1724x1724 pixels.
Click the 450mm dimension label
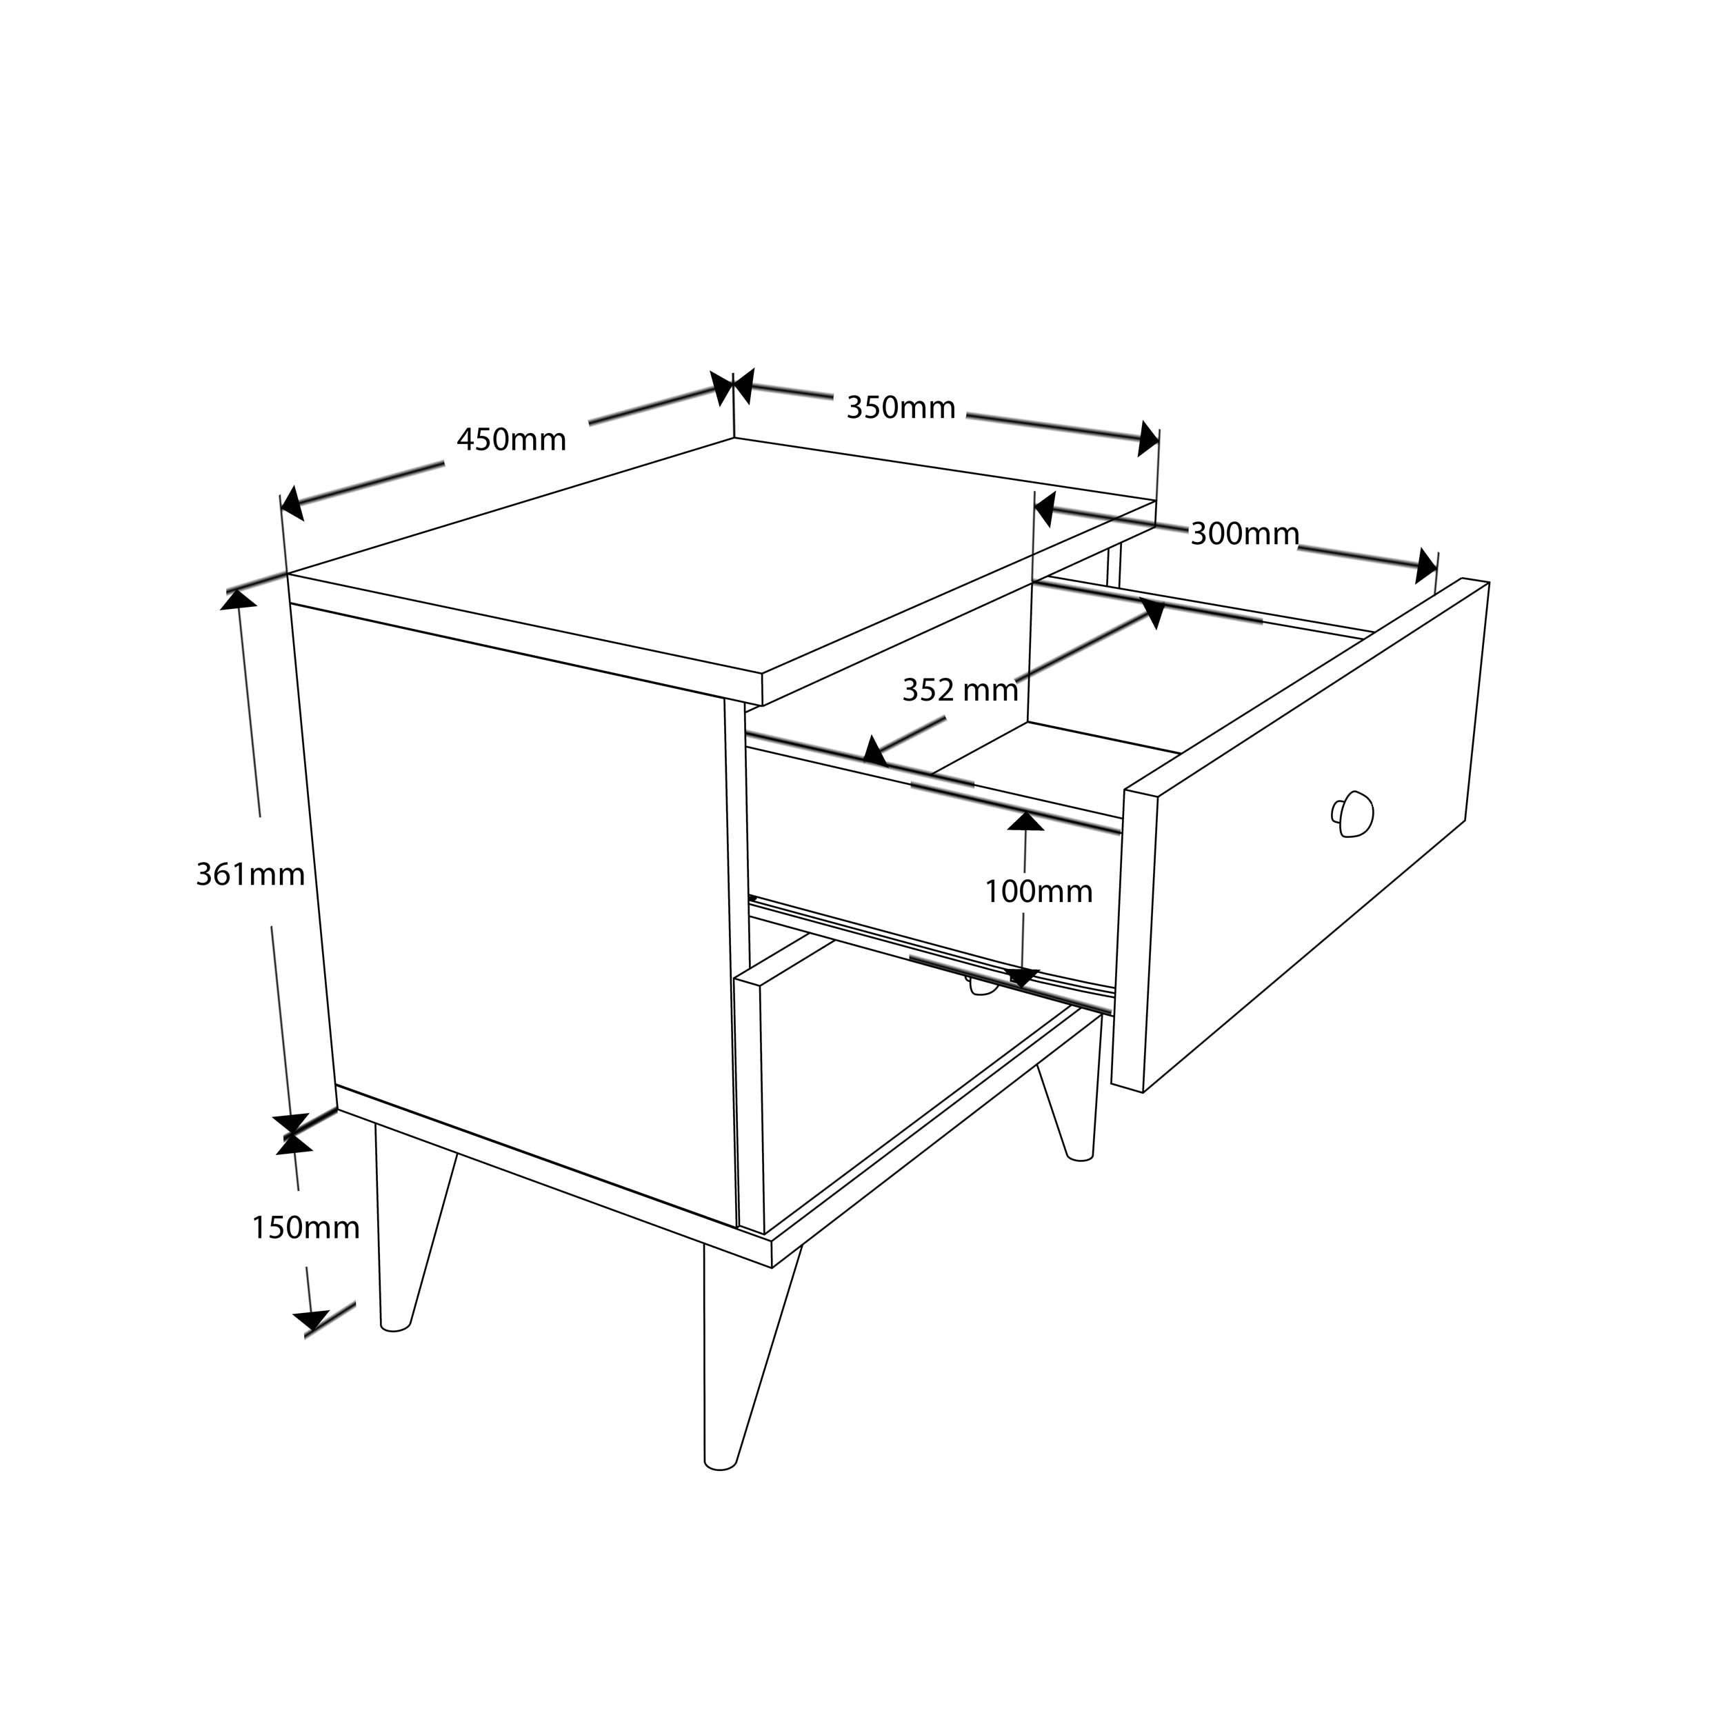click(511, 440)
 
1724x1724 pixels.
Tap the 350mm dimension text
click(901, 408)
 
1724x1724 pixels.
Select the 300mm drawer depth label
click(1245, 534)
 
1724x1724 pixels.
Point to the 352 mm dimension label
click(960, 690)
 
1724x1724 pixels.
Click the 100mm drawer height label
click(1039, 892)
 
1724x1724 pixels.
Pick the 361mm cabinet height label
click(251, 874)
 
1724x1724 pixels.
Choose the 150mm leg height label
click(306, 1228)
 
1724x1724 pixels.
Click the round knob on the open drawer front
click(1353, 814)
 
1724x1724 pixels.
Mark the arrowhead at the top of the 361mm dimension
click(238, 599)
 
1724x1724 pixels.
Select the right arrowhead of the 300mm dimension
click(1426, 567)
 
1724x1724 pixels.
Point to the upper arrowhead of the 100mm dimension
click(1026, 820)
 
